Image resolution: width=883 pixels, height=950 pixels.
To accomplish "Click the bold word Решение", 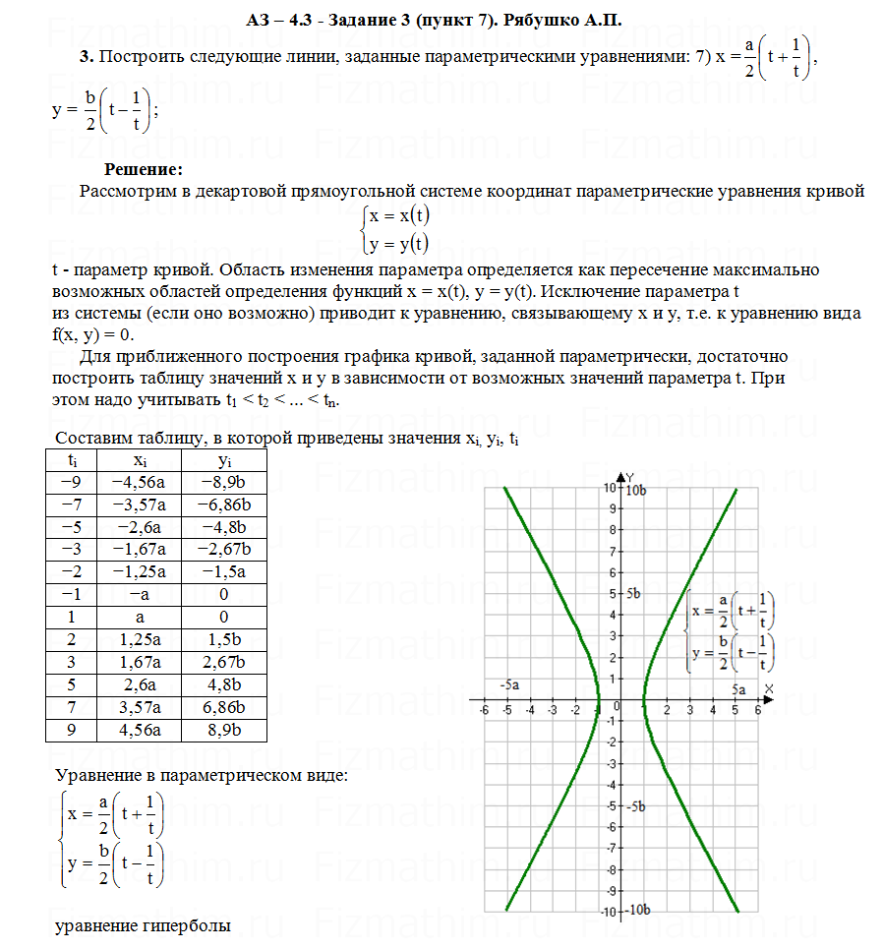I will [137, 170].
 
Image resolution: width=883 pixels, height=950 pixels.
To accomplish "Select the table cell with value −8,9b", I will [225, 482].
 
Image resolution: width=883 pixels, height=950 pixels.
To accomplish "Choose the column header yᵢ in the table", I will [225, 460].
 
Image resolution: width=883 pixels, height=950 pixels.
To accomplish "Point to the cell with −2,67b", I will [225, 548].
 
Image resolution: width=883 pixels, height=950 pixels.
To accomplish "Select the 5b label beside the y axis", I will [632, 594].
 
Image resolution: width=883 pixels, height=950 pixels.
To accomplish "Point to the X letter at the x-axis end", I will [768, 687].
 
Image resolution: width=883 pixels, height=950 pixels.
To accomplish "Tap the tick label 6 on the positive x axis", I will [757, 709].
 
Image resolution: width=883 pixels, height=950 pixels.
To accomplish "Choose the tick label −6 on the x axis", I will [483, 709].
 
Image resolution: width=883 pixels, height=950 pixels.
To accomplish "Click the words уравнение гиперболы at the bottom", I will [143, 925].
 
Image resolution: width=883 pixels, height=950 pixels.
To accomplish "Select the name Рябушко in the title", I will [558, 20].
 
